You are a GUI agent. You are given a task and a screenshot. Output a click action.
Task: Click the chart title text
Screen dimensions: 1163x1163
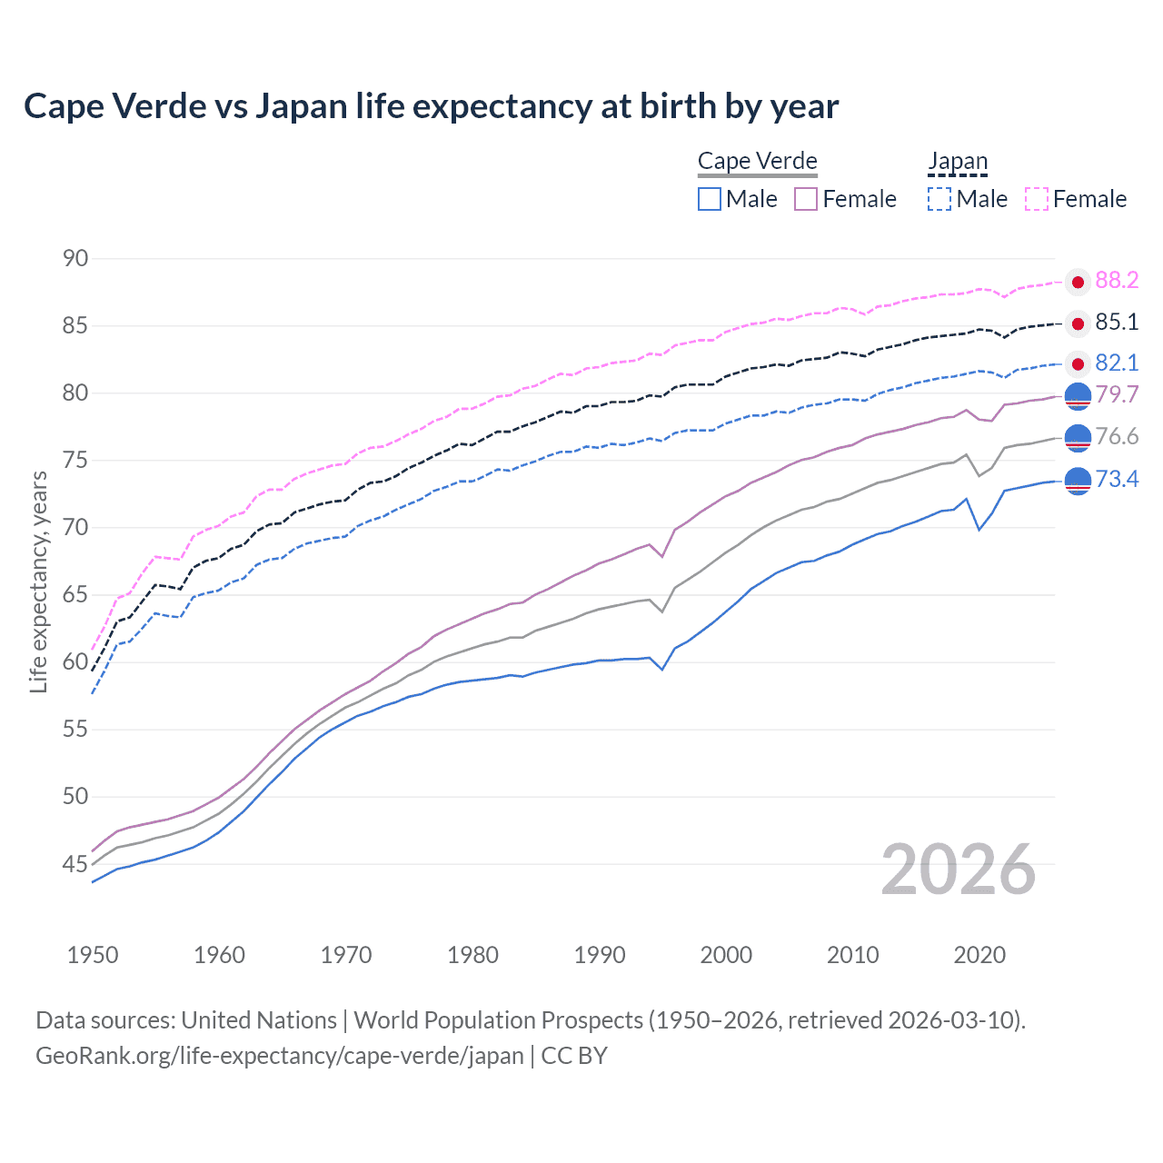(431, 106)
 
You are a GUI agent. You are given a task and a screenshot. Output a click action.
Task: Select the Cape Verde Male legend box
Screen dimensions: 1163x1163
(710, 199)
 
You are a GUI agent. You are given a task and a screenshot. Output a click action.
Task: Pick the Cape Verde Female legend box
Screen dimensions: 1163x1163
(806, 199)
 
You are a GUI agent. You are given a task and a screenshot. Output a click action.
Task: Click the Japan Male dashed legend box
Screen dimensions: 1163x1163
(939, 199)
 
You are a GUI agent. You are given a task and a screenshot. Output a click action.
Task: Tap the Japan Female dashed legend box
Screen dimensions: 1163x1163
(1037, 199)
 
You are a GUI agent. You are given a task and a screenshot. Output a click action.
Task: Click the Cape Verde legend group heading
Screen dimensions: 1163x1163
(758, 161)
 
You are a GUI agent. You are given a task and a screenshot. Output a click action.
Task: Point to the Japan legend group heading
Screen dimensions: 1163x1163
(958, 161)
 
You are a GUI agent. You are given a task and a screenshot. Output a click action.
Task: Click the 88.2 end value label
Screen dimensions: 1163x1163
(1117, 281)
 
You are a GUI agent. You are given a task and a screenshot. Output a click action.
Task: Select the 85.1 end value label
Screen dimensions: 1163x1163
(1117, 323)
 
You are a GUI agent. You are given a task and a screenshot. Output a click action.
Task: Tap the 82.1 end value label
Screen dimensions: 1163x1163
(1117, 363)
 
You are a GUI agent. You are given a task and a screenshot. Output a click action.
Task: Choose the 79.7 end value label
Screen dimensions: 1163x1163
(1117, 394)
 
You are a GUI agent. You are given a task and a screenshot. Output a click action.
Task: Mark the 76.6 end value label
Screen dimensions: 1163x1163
(1117, 437)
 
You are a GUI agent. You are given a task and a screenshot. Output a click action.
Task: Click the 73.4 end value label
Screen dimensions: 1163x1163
(1117, 479)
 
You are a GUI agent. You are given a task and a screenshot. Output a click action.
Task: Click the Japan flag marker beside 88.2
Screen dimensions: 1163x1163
(1078, 282)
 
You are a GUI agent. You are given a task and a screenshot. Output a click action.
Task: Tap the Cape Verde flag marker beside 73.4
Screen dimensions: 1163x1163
(1078, 481)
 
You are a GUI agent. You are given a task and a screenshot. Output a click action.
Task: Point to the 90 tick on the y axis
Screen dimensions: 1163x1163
(75, 259)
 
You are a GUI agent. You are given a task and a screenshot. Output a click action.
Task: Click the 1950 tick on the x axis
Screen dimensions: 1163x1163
(93, 955)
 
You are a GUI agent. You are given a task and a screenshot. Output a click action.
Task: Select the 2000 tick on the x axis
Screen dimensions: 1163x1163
(726, 955)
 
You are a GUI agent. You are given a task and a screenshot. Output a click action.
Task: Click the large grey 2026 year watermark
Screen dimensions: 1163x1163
(958, 870)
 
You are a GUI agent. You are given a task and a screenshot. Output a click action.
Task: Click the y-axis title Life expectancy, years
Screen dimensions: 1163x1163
(38, 581)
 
